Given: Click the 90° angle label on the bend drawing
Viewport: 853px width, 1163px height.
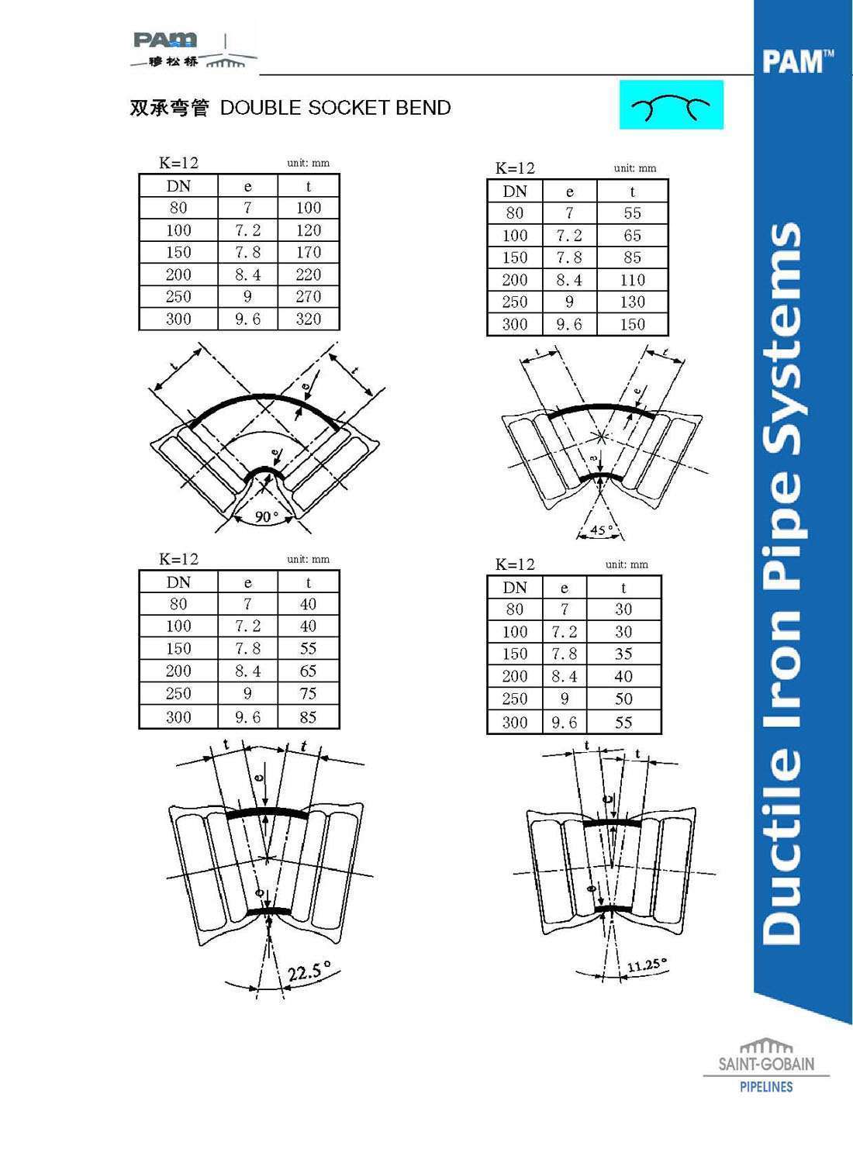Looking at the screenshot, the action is (266, 516).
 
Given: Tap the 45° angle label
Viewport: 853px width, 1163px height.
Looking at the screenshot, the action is (602, 530).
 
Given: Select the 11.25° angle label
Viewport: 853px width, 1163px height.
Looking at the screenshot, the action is (647, 965).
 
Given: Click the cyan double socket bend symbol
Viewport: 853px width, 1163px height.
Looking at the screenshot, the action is (672, 105).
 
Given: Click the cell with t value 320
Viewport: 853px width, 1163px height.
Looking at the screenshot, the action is (309, 319).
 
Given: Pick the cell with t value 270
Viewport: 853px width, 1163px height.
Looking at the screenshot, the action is (309, 296).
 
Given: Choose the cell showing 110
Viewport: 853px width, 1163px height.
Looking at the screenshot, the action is (632, 280).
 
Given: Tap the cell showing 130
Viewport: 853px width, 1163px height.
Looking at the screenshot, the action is (632, 302).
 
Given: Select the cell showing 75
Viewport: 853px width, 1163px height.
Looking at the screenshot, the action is (309, 694).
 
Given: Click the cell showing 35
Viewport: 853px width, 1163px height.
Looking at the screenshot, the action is (623, 654).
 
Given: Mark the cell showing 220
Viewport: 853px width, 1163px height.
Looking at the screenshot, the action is (309, 274).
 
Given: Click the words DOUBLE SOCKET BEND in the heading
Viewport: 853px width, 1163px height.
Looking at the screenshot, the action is (336, 108).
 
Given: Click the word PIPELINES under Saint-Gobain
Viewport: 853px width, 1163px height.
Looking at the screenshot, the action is (766, 1087).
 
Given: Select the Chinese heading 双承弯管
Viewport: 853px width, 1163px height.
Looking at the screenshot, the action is (169, 108).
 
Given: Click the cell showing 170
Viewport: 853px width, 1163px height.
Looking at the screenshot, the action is (309, 252).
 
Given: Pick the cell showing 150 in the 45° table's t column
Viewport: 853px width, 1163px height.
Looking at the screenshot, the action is (632, 325).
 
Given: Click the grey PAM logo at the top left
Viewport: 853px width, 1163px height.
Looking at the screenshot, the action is (165, 40).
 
